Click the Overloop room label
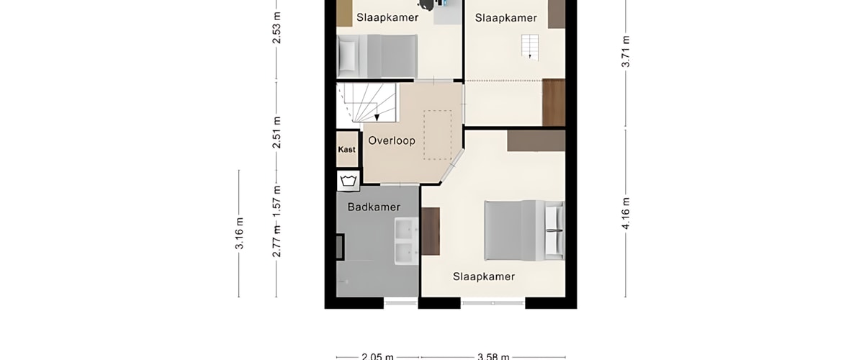click(x=392, y=140)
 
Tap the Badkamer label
click(x=374, y=207)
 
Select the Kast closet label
click(x=346, y=149)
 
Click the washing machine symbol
click(x=348, y=181)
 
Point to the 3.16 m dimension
click(x=240, y=233)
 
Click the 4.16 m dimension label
click(x=626, y=213)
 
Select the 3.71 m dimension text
click(x=626, y=51)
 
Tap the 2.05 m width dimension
click(x=377, y=356)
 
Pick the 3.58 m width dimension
click(x=493, y=356)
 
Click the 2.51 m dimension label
click(x=276, y=132)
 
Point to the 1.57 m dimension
click(x=276, y=201)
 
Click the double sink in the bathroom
click(x=406, y=241)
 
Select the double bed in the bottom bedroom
click(x=525, y=230)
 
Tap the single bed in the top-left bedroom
click(x=377, y=56)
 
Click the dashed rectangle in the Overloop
click(x=438, y=135)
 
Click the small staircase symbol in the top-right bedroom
click(x=530, y=47)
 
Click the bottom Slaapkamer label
click(x=484, y=276)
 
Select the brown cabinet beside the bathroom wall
click(x=431, y=231)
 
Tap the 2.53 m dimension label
click(x=276, y=27)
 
